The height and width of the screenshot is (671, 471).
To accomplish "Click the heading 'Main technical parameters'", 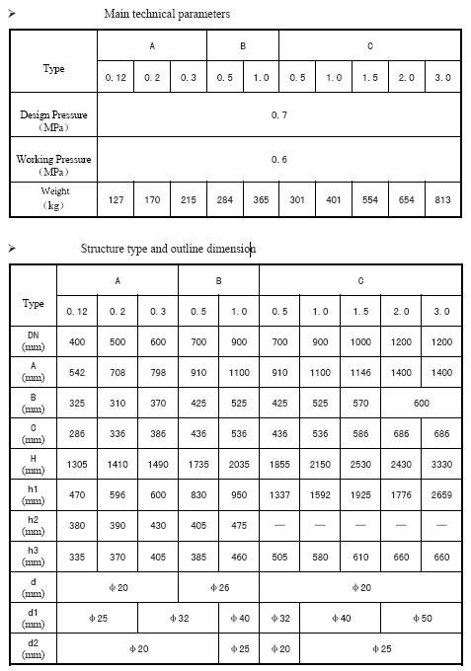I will click(167, 14).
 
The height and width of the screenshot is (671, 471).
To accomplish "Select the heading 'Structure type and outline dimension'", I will click(168, 249).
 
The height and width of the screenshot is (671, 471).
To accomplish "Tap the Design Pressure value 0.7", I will click(279, 115).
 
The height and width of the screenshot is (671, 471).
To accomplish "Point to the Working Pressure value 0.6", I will click(279, 159).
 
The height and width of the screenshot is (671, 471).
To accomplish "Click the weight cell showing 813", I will click(442, 199).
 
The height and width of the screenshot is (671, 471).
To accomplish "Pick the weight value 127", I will click(116, 199).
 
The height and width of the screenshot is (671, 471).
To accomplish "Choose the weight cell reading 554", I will click(369, 199).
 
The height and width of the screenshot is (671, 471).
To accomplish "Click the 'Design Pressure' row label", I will click(54, 120).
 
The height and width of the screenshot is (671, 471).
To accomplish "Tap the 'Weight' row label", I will click(54, 197).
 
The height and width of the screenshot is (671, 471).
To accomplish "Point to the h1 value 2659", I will click(441, 495).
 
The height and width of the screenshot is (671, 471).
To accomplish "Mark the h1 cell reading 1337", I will click(279, 495).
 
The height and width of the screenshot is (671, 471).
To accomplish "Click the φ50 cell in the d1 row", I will click(421, 620).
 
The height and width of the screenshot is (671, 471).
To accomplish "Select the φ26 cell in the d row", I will click(218, 588).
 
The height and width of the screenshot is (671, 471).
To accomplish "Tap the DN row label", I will click(33, 341).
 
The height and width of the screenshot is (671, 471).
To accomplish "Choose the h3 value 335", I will click(77, 558).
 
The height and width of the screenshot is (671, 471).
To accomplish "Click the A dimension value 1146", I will click(360, 373).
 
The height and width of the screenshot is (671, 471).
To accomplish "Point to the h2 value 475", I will click(239, 526).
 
